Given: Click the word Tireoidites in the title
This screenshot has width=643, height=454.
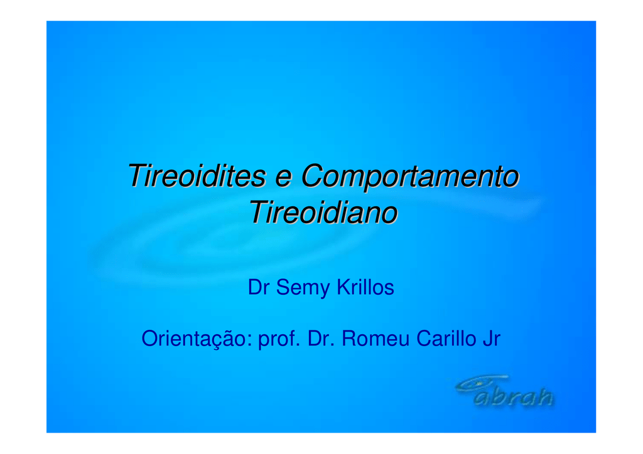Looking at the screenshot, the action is (x=197, y=176).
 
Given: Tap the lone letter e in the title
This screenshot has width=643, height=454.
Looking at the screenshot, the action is (x=283, y=179).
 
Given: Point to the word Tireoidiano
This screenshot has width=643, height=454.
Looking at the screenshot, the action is (x=323, y=213).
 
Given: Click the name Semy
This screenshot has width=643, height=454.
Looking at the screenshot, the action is (x=303, y=288).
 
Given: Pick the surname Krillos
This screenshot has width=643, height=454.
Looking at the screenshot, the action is (x=365, y=287).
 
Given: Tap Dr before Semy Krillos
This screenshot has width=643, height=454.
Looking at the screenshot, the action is (x=258, y=287).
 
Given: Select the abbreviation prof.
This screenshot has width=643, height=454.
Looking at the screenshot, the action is (x=279, y=339).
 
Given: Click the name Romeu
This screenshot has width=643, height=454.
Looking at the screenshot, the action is (x=376, y=339).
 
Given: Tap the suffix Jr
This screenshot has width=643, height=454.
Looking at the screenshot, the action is (x=492, y=339).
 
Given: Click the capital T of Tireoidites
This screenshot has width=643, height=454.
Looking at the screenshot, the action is (x=138, y=176).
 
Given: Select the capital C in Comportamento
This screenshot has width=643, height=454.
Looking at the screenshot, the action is (x=313, y=176).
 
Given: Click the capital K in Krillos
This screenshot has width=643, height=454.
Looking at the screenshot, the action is (x=344, y=287).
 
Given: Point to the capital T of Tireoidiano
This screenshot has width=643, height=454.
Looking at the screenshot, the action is (x=260, y=212).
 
